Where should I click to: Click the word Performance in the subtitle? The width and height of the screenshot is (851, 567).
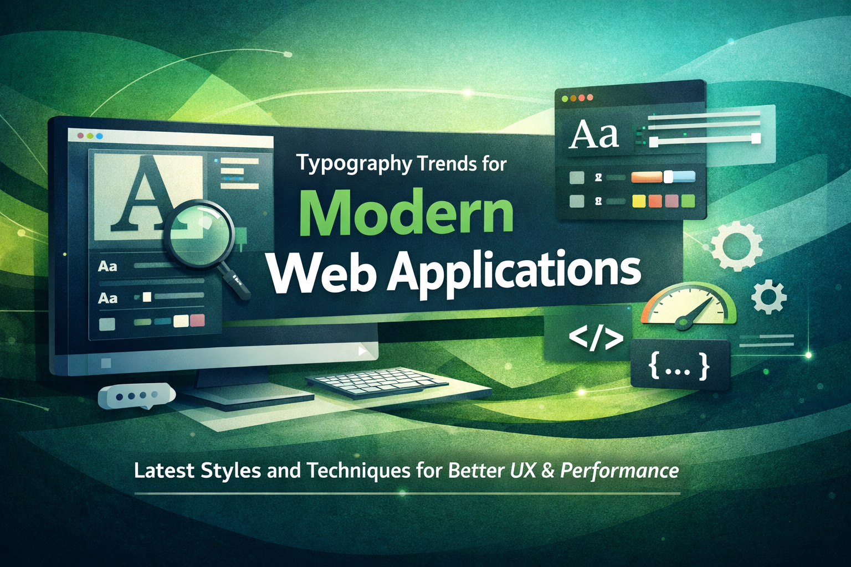619,471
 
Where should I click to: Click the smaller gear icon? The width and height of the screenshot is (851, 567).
769,298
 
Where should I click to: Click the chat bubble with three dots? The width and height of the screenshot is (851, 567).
136,396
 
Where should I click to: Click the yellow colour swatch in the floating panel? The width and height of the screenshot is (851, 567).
638,201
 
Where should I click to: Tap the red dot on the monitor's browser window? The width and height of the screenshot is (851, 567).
80,136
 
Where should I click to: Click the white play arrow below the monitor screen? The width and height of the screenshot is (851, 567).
362,350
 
